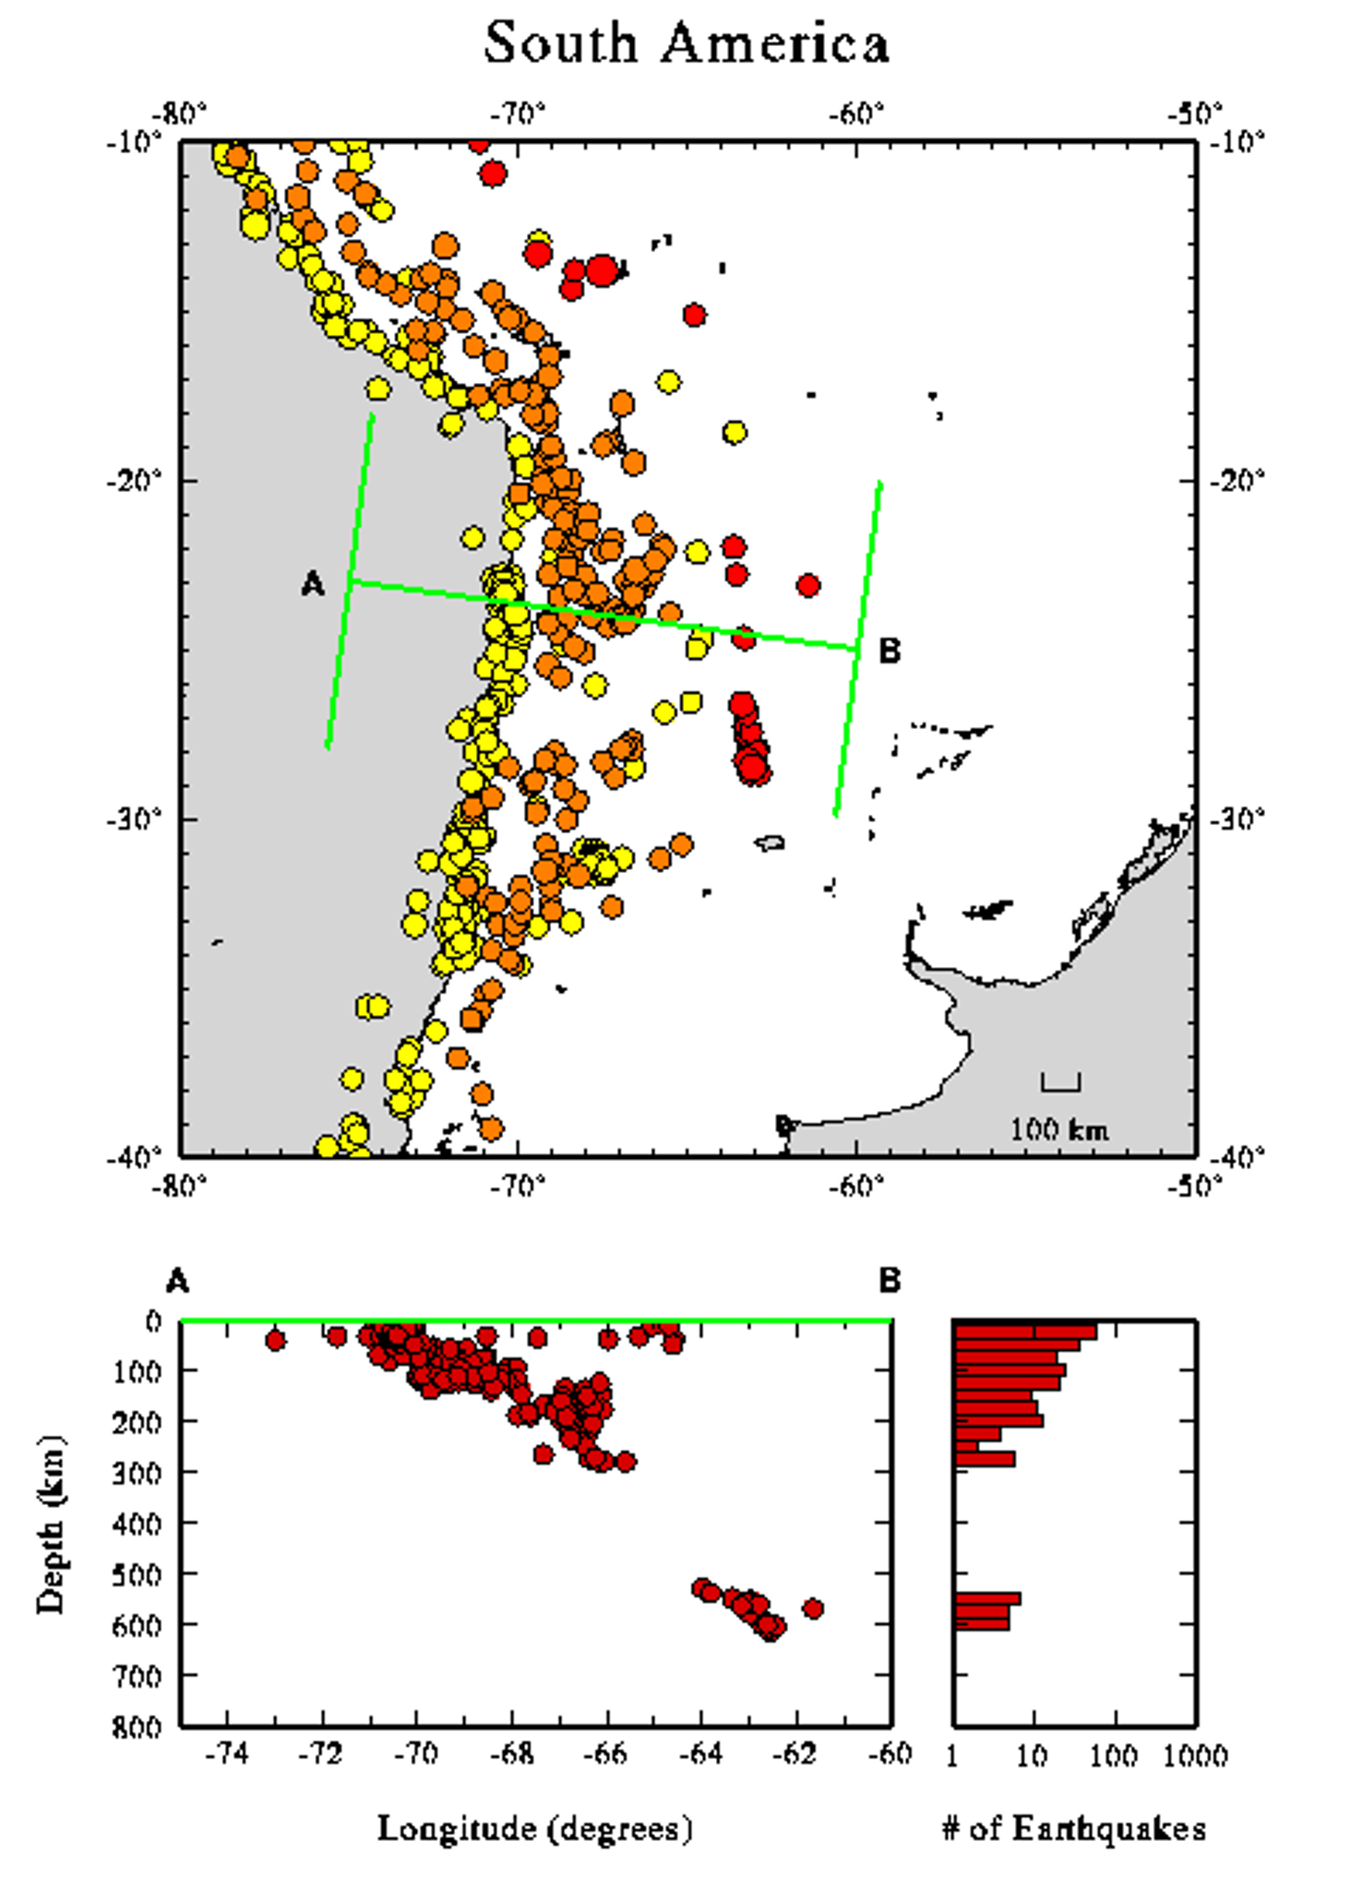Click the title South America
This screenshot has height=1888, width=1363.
(687, 43)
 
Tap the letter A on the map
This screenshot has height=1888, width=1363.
(313, 583)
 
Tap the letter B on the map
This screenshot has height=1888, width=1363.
(889, 651)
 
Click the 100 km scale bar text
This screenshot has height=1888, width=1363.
(1058, 1129)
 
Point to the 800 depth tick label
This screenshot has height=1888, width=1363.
(137, 1727)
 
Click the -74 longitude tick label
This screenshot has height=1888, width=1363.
(227, 1753)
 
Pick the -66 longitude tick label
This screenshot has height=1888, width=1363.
(605, 1753)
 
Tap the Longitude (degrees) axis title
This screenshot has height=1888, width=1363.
(534, 1828)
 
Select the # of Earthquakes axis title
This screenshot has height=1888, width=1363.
(1074, 1828)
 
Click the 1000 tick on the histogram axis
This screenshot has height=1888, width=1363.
(1195, 1755)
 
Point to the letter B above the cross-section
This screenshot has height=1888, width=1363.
(890, 1281)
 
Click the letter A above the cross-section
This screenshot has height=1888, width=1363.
(177, 1281)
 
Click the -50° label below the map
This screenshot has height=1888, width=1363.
(1194, 1186)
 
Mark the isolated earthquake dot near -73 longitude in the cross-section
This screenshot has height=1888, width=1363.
(275, 1340)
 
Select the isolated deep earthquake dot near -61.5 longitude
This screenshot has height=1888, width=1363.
(812, 1608)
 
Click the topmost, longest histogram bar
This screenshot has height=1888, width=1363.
(1024, 1332)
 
